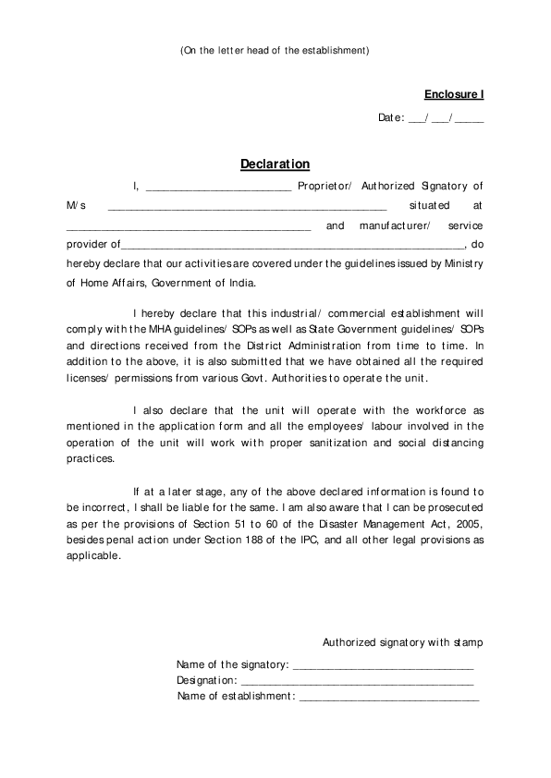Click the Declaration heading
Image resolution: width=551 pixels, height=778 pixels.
[275, 164]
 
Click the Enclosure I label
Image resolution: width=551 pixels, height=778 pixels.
[454, 94]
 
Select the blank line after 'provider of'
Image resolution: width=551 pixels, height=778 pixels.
[291, 246]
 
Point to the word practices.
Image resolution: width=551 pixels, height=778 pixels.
[90, 458]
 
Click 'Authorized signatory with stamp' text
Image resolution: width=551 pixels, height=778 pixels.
[402, 642]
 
